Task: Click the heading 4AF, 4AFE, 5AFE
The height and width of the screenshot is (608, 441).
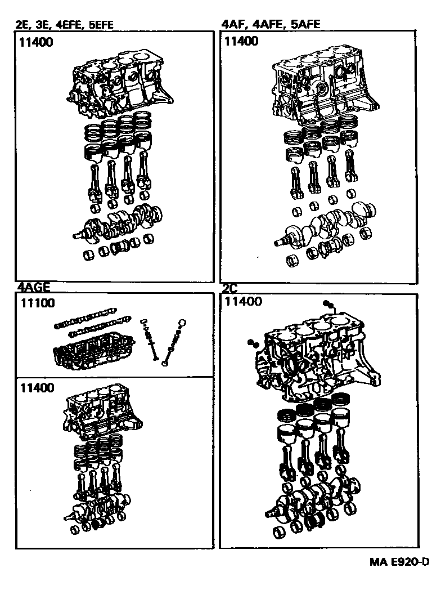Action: tap(272, 24)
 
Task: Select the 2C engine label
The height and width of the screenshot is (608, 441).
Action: tap(229, 288)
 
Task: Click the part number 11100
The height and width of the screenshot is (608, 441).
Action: tap(38, 303)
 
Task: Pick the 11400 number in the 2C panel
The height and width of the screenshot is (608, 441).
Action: tap(243, 302)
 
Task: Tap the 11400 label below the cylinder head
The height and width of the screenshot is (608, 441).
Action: tap(38, 387)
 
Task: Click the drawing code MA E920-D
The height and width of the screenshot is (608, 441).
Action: tap(399, 562)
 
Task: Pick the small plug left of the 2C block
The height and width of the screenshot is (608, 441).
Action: tap(251, 343)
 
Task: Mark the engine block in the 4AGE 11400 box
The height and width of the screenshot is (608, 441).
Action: tap(101, 414)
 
